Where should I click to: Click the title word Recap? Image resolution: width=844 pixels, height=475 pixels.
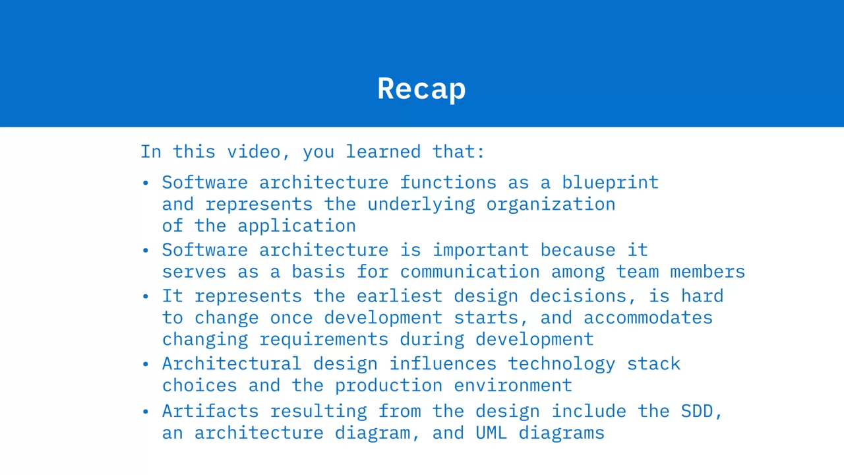(x=421, y=89)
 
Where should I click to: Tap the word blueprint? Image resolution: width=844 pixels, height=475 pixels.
(x=611, y=183)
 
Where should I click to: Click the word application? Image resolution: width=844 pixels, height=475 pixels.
(x=297, y=226)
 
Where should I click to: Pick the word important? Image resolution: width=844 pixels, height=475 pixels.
(x=481, y=250)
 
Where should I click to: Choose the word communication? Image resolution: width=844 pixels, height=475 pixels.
(x=470, y=272)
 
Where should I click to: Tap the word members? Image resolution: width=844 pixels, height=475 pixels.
(x=708, y=272)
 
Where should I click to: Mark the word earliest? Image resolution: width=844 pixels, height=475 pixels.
(x=400, y=296)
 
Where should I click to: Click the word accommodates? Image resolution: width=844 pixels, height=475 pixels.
(x=648, y=318)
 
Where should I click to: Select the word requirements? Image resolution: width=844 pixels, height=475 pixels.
(x=324, y=340)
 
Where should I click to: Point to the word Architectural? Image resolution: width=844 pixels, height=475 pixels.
(x=232, y=364)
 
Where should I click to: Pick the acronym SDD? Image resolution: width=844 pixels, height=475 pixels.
(x=697, y=411)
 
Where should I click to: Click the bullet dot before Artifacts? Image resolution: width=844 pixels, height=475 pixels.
(x=146, y=412)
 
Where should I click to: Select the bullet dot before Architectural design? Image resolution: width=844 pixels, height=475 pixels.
(x=146, y=365)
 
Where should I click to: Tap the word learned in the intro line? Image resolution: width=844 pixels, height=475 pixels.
(x=383, y=152)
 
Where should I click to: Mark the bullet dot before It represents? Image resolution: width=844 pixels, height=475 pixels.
(x=146, y=297)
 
